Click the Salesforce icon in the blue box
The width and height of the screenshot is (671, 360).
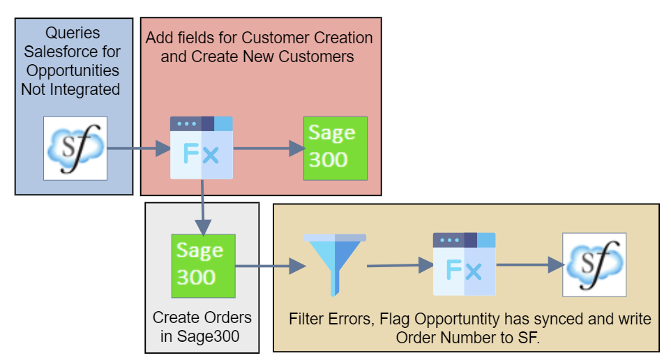(x=75, y=148)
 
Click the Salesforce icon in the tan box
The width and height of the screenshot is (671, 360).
(x=594, y=264)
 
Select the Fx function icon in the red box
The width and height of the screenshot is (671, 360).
(x=202, y=148)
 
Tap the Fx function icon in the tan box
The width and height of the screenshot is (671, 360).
(x=464, y=264)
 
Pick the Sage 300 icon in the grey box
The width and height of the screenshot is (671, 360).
(x=203, y=266)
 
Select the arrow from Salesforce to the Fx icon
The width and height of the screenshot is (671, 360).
(x=139, y=149)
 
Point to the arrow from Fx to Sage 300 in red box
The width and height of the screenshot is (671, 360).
(x=269, y=149)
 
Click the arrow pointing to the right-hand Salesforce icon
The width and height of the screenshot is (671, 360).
(x=530, y=264)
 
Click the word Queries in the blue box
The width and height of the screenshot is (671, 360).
(x=73, y=33)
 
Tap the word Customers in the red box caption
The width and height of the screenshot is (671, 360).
(x=317, y=57)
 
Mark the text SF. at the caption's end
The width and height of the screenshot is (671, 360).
(x=532, y=338)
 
